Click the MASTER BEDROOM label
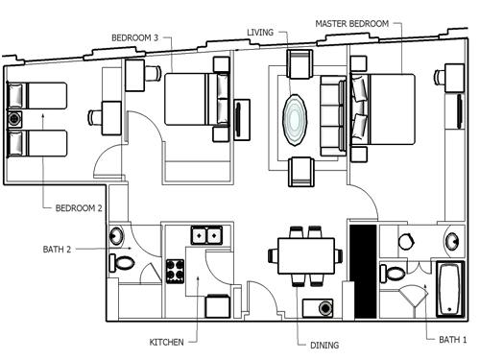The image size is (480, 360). (351, 24)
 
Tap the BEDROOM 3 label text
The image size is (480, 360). (134, 37)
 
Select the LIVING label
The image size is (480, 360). (260, 33)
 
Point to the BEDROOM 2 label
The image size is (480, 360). (79, 208)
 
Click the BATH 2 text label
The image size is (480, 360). (57, 249)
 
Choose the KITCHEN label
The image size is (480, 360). (166, 342)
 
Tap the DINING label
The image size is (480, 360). (324, 346)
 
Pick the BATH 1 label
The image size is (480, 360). (453, 340)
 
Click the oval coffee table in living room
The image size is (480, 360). (295, 120)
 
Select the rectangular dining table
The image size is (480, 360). (306, 255)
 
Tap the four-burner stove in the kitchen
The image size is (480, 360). (176, 272)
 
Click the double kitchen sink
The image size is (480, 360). (206, 236)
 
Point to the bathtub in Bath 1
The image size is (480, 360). (450, 289)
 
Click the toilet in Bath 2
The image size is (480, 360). (122, 263)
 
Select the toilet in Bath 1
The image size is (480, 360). (393, 274)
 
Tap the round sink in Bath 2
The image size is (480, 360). (116, 236)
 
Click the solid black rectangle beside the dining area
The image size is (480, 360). (363, 272)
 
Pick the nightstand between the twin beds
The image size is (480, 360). (14, 119)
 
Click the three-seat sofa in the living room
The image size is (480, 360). (333, 115)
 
